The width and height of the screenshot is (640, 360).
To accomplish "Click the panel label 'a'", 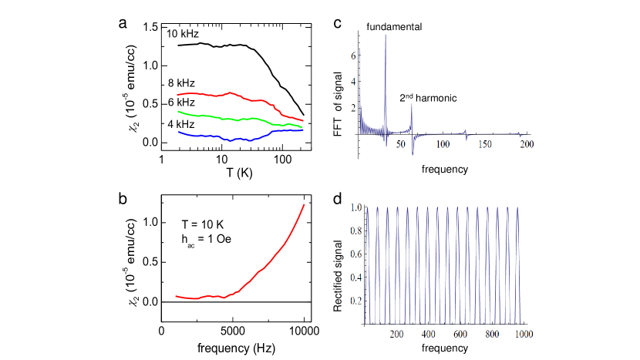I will click(123, 22).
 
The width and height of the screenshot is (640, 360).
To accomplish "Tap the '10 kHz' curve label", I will click(182, 34).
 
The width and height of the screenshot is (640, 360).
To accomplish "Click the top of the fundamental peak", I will click(386, 35).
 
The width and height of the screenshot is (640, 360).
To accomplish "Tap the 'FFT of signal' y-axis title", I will click(337, 96).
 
